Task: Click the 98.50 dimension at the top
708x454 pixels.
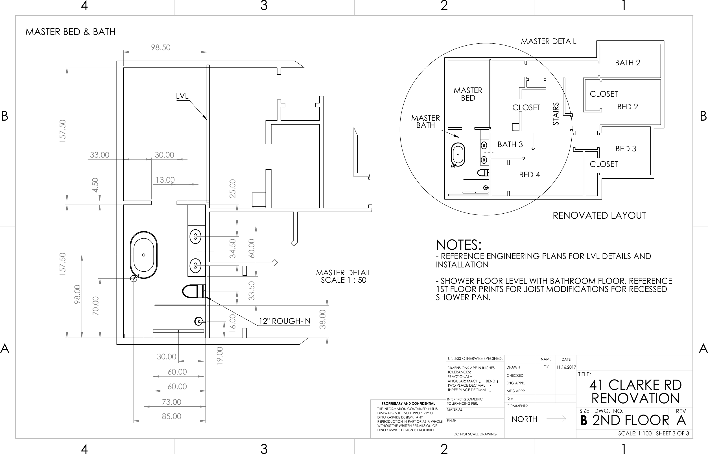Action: click(x=161, y=47)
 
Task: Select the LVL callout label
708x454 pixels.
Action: click(x=182, y=96)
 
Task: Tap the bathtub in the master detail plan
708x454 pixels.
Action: click(x=144, y=255)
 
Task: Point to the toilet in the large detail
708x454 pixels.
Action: click(x=193, y=291)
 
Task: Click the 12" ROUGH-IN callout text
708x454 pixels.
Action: click(x=285, y=321)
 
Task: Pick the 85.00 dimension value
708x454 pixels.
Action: click(x=171, y=416)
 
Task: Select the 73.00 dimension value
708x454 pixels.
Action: click(x=171, y=402)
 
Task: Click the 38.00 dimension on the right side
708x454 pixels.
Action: click(x=323, y=319)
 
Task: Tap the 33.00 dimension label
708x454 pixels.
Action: click(x=99, y=155)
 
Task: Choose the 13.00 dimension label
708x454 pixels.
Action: click(x=165, y=180)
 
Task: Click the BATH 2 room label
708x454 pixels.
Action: click(x=627, y=63)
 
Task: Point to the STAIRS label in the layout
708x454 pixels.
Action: click(x=556, y=114)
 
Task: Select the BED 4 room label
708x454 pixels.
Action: click(x=529, y=175)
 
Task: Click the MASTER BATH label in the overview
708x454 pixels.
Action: click(x=425, y=121)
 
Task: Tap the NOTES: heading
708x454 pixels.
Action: click(x=458, y=245)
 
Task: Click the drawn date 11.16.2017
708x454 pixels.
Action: click(x=566, y=367)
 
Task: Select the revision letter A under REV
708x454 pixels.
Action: click(x=681, y=420)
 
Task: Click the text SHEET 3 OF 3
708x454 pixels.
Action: click(x=672, y=433)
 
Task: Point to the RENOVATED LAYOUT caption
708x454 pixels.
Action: click(x=599, y=216)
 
